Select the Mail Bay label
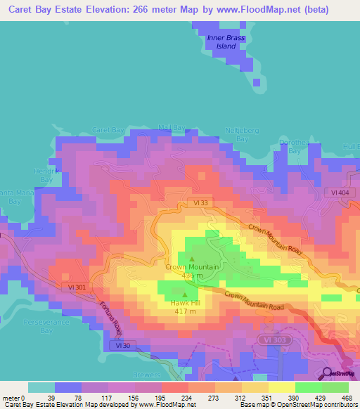click(x=171, y=127)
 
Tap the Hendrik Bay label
click(x=44, y=175)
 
